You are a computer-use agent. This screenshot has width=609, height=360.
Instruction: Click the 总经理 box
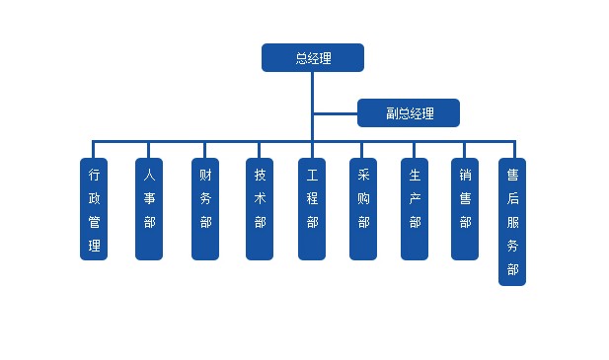(313, 58)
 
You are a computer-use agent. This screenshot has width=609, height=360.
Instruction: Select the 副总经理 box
(409, 112)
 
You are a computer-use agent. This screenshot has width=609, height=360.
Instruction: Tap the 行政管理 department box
(94, 209)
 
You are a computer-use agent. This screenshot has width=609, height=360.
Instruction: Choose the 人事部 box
(149, 209)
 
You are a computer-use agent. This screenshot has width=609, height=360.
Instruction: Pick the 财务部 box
(205, 209)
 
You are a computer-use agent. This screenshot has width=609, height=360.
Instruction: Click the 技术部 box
(260, 209)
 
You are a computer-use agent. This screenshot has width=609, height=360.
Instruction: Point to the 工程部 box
(312, 209)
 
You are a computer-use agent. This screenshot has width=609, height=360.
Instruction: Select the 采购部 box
(363, 209)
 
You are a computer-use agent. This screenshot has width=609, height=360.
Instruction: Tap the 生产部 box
(415, 209)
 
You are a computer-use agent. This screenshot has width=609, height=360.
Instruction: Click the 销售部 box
(465, 209)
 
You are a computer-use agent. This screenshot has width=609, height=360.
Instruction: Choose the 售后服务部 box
(512, 222)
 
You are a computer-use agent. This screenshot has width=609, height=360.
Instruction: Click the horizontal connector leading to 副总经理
(336, 113)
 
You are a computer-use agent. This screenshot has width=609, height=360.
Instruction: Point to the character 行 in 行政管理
(94, 175)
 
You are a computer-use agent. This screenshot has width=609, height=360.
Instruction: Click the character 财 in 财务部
(205, 175)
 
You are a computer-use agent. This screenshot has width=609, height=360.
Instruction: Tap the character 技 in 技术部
(260, 175)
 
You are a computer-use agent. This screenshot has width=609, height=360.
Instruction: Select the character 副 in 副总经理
(392, 113)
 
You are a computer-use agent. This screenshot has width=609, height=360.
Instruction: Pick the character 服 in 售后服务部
(512, 222)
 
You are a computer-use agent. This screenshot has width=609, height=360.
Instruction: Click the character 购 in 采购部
(363, 198)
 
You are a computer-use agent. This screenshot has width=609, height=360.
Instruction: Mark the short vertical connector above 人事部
(148, 150)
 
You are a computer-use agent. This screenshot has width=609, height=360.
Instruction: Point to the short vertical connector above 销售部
(464, 150)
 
